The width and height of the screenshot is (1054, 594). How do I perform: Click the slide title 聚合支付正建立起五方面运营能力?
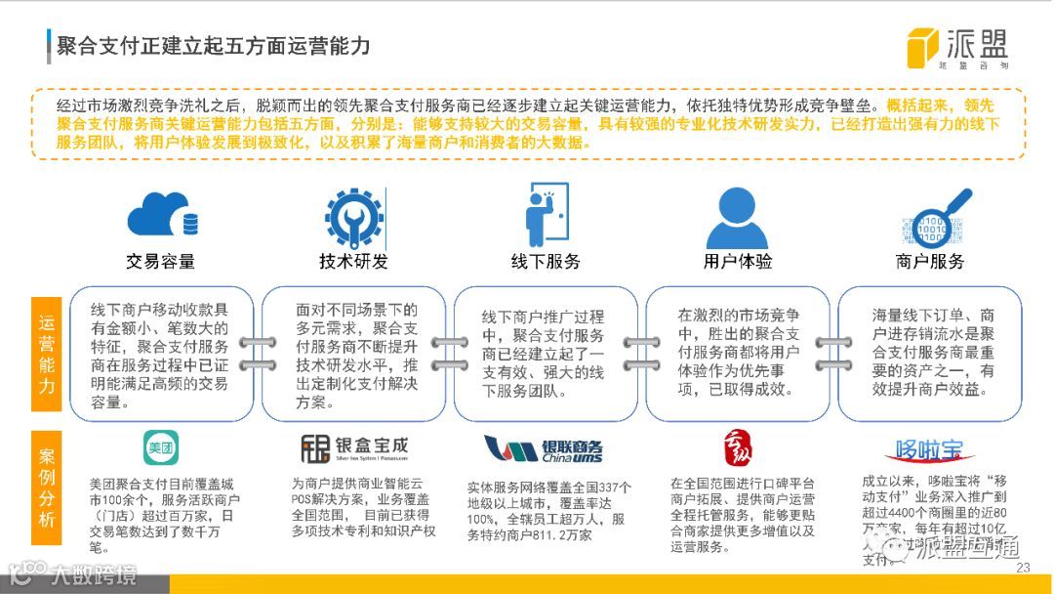pos(214,45)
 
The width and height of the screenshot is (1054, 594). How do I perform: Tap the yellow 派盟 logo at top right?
pos(956,47)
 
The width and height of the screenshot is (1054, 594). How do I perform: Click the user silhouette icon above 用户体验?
pos(738,217)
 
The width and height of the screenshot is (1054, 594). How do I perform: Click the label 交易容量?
pos(160,262)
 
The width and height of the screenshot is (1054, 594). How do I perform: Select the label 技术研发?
pos(353,262)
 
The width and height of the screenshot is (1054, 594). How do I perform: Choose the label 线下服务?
pos(546,262)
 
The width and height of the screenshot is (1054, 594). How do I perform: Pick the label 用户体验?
pos(738,262)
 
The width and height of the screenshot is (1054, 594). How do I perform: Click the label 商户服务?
pos(930,262)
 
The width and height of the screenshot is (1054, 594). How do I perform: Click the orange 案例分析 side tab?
pos(48,488)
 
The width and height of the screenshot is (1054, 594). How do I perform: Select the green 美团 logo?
pos(160,450)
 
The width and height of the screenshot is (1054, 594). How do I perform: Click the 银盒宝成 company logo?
pos(353,449)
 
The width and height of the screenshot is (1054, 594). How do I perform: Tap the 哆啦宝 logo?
pos(929,450)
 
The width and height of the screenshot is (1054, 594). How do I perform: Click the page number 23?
pos(1023,569)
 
